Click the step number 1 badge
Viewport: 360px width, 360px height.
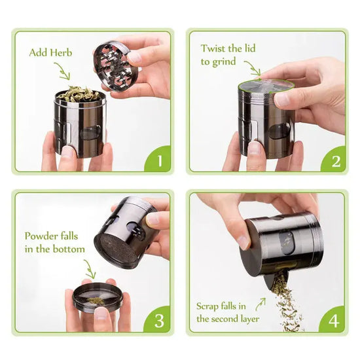[158, 159]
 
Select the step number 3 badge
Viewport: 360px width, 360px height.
[158, 319]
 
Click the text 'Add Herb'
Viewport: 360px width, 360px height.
[51, 52]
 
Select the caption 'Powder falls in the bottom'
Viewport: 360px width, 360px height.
[55, 242]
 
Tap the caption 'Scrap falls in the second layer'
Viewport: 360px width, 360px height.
[226, 312]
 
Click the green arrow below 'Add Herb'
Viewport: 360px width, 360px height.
[63, 71]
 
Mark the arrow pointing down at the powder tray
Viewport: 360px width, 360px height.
[89, 268]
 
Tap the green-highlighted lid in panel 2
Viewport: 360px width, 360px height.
[266, 86]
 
